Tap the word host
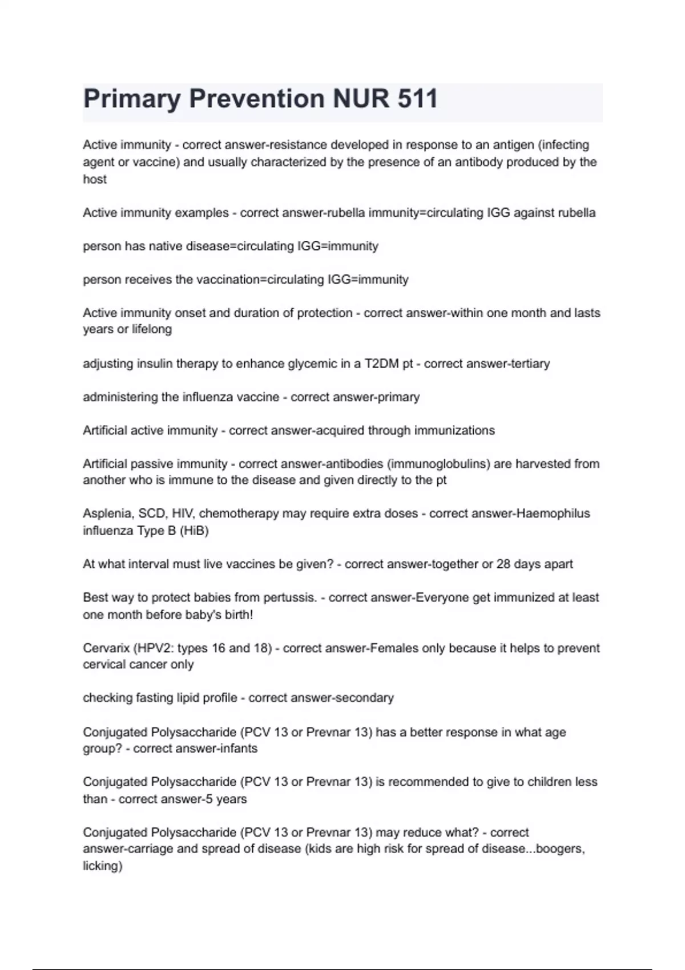95,179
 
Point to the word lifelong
152,329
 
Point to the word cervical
103,665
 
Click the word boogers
561,849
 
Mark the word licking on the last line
102,866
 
